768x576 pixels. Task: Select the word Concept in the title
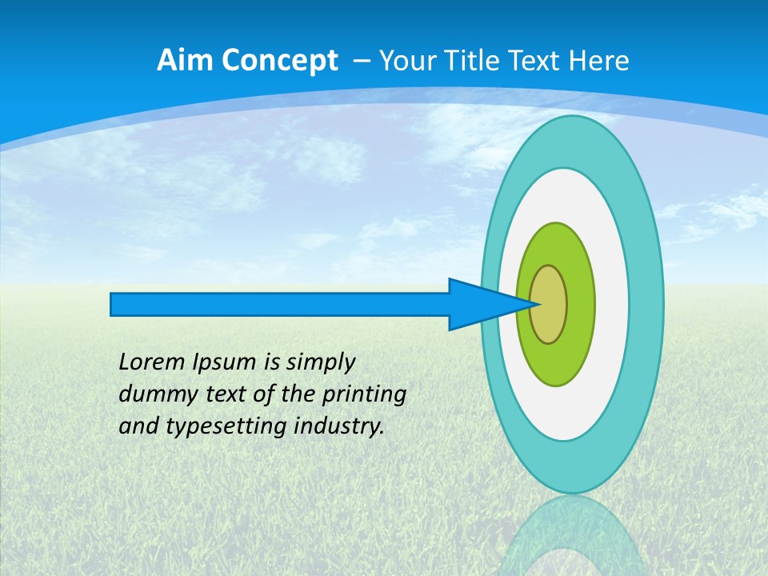(279, 61)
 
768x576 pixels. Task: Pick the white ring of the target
(611, 305)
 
